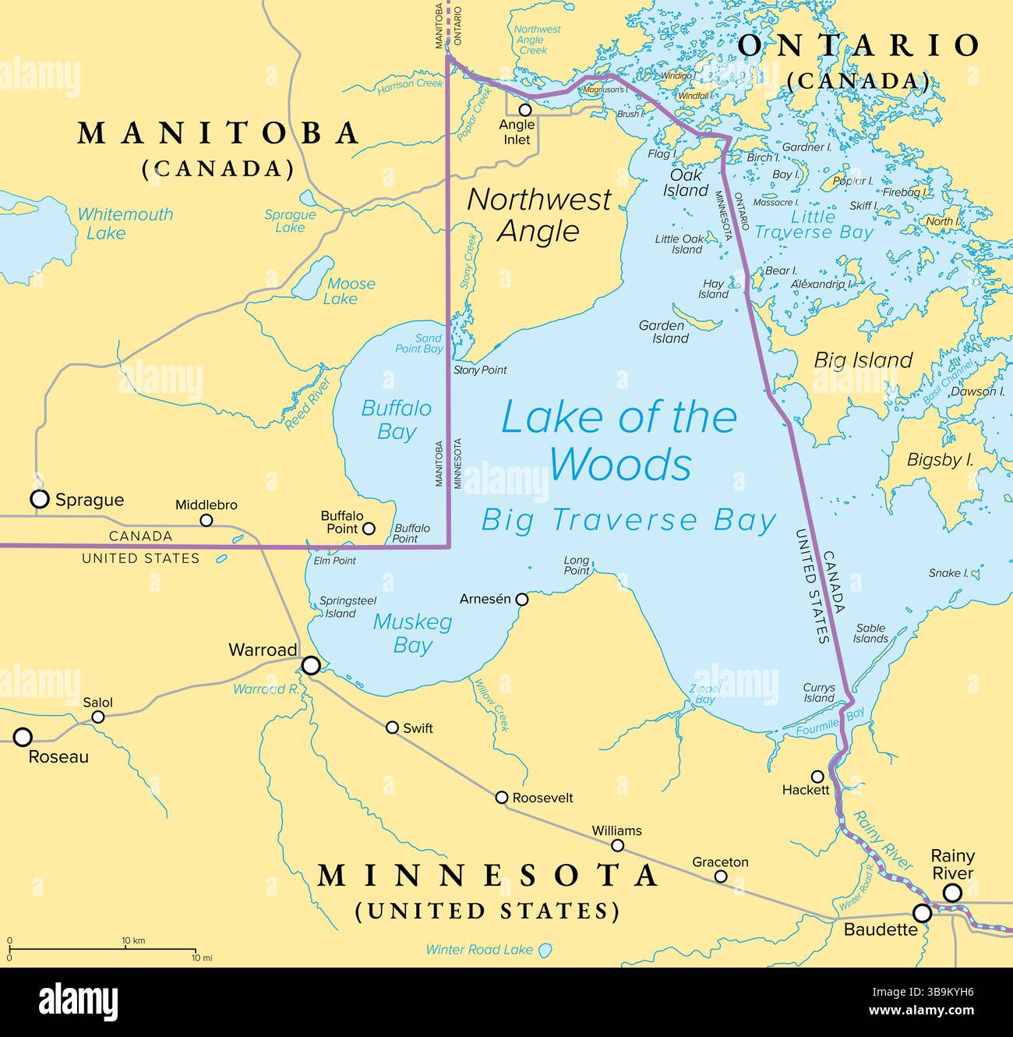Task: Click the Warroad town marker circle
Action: [311, 665]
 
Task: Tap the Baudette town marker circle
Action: [923, 912]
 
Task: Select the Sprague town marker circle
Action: [39, 499]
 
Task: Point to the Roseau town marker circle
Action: [23, 737]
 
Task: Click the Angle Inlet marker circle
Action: [525, 110]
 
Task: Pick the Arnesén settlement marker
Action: [522, 600]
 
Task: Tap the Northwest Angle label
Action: [539, 215]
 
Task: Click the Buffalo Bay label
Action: [396, 419]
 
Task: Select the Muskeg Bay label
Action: [412, 633]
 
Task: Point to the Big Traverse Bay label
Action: [628, 520]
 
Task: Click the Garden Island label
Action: [663, 331]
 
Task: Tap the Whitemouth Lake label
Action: [125, 223]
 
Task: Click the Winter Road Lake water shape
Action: [545, 950]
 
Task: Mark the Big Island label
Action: [863, 359]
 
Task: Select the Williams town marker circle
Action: [617, 845]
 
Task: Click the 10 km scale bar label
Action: [133, 940]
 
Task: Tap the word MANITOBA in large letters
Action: [218, 133]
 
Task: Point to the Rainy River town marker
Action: [952, 893]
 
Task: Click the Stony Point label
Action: [480, 370]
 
